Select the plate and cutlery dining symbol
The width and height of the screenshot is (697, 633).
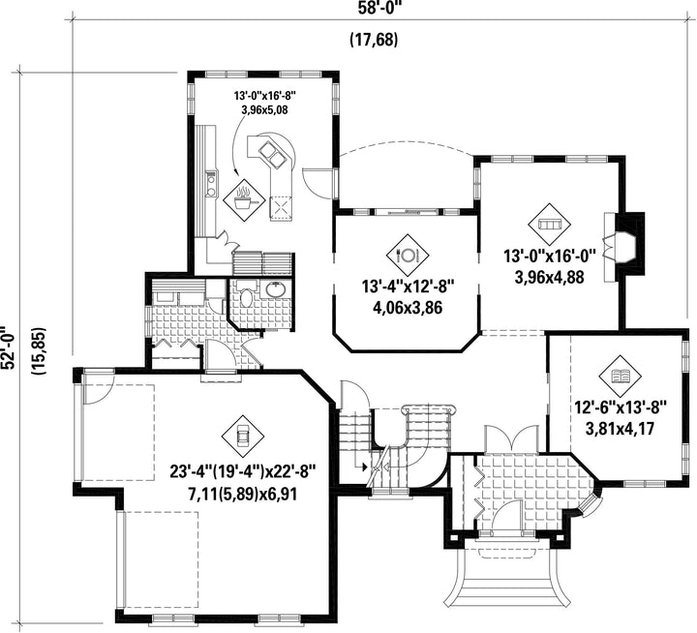[408, 256]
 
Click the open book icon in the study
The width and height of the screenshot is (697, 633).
[621, 377]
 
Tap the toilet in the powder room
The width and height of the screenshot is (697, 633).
[245, 294]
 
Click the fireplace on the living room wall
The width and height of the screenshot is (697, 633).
[623, 247]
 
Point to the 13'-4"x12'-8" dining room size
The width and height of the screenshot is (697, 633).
[408, 286]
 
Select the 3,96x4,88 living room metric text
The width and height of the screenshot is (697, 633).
[549, 278]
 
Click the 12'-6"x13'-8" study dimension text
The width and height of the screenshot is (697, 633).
[621, 407]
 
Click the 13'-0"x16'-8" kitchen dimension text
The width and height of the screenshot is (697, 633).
[264, 95]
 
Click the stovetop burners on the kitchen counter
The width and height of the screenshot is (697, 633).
[211, 185]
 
